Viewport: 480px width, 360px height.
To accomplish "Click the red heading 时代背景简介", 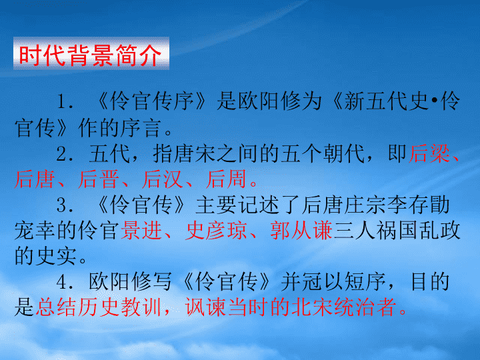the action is point(91,55).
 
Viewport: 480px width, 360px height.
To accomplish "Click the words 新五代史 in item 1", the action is point(386,101).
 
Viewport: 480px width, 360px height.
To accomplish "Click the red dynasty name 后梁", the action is point(429,153).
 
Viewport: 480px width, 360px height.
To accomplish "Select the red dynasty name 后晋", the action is point(98,179).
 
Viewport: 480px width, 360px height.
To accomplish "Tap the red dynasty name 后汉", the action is point(163,179).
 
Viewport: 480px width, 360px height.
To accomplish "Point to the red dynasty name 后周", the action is point(226,179).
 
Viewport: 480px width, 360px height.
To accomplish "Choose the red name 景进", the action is point(141,231).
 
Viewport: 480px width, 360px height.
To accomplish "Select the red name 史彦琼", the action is point(216,231).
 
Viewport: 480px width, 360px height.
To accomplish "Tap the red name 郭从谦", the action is point(301,231).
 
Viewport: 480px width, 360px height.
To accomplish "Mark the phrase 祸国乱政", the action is point(418,231).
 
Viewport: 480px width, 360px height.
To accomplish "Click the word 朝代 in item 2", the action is point(344,153).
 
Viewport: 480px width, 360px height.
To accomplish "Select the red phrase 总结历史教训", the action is point(98,307).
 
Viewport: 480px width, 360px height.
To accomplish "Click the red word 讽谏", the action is point(205,307).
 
